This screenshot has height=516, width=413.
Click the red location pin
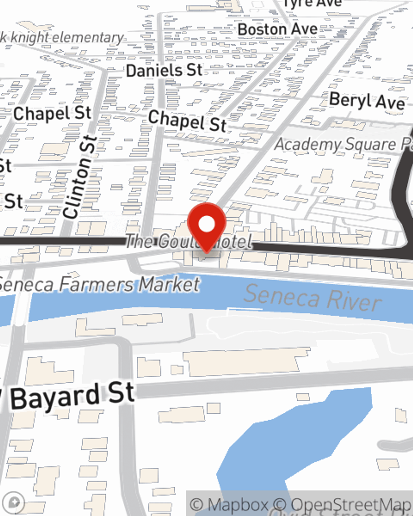point(206,225)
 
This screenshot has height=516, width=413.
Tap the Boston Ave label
point(278,30)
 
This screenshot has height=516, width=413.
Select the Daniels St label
point(164,71)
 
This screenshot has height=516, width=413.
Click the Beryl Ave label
point(367,101)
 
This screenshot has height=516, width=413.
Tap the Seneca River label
point(312,298)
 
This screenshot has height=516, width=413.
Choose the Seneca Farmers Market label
point(99,284)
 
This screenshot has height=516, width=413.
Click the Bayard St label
point(72,396)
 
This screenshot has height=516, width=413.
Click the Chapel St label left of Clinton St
point(52,113)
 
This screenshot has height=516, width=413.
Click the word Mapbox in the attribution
point(238,504)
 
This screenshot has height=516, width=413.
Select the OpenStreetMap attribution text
point(351,504)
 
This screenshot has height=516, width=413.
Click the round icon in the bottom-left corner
point(14,503)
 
